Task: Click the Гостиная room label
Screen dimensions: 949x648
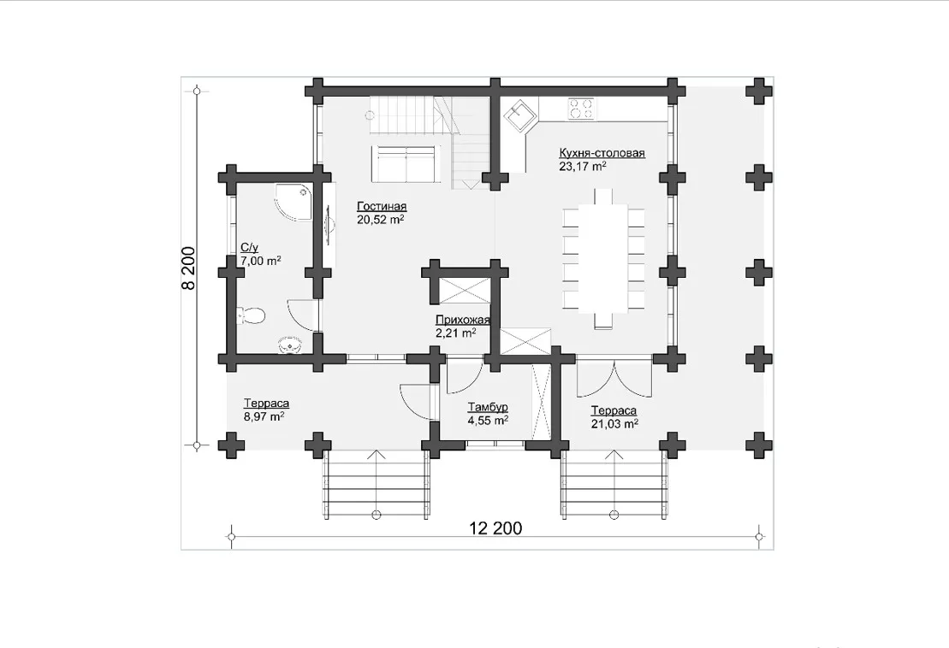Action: (x=382, y=206)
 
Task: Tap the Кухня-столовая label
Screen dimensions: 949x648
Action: (x=602, y=153)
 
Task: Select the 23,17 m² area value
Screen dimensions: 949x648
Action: (x=583, y=166)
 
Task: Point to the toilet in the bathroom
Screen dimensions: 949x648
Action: (x=251, y=315)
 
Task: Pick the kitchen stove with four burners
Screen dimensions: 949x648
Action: (x=580, y=108)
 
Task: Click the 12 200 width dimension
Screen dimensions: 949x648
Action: (x=495, y=528)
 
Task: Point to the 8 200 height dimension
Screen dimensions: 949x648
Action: (x=189, y=268)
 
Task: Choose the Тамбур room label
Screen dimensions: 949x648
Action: (x=488, y=407)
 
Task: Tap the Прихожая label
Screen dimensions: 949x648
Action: (x=462, y=320)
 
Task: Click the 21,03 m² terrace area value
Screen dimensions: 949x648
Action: (x=614, y=424)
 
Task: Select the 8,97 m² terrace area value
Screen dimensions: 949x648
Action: (x=264, y=415)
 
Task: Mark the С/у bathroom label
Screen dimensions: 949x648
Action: (x=249, y=247)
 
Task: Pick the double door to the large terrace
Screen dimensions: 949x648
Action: (x=614, y=379)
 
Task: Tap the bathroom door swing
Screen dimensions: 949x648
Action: (x=301, y=315)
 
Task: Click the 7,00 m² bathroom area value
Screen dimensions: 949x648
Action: (x=261, y=261)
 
